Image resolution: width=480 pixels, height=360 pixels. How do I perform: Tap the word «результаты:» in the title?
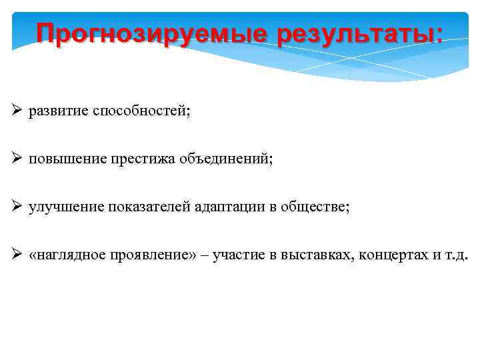[360, 33]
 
